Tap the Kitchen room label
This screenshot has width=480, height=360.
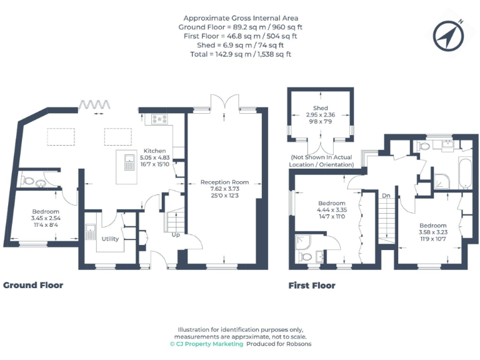(x=154, y=151)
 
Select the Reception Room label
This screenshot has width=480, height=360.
(x=224, y=182)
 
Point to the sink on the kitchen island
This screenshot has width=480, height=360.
(x=129, y=162)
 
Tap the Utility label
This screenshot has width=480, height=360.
(x=110, y=239)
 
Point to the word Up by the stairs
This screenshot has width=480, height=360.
(x=176, y=235)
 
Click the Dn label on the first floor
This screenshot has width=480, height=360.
(x=386, y=196)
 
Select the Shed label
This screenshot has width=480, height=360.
(x=320, y=108)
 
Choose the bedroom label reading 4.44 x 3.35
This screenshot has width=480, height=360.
(x=331, y=211)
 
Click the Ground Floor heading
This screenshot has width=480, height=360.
(x=33, y=285)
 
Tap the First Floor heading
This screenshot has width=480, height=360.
(x=311, y=286)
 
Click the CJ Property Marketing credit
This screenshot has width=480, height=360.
(x=206, y=344)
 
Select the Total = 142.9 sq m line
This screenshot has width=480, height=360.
(x=241, y=54)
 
